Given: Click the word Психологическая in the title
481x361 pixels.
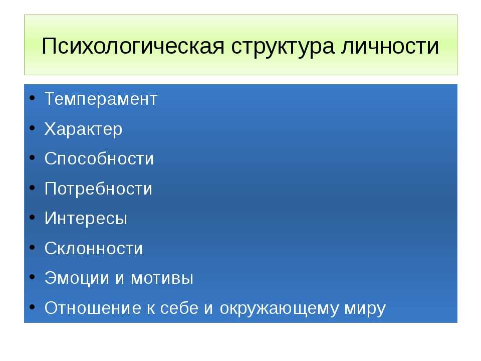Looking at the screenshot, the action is click(133, 46).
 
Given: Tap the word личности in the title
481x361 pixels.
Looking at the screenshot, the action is click(390, 46).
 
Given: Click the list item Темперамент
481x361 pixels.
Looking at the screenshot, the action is click(101, 99).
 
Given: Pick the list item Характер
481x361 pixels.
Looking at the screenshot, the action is click(84, 129).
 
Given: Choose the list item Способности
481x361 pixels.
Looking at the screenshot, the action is click(99, 158).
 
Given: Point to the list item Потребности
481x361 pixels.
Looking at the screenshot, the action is click(98, 189).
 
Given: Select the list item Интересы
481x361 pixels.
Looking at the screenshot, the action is click(86, 218).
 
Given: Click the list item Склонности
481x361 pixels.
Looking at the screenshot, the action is click(94, 248).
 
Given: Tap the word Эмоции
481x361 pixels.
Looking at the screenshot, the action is click(77, 278).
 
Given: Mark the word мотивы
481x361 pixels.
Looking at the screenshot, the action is click(162, 278).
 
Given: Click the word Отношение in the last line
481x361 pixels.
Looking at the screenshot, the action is click(93, 307).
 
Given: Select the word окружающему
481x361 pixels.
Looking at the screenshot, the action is click(279, 308).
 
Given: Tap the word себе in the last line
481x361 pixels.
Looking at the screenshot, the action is click(179, 307).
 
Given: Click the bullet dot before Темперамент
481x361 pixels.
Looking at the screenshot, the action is click(32, 98).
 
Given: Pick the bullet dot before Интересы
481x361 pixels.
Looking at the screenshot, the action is click(32, 218).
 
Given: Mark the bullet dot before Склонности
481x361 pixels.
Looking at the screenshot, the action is click(32, 247).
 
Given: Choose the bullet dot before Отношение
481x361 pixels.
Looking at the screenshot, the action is click(32, 307).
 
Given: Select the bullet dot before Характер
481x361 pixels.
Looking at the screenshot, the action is click(32, 128).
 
